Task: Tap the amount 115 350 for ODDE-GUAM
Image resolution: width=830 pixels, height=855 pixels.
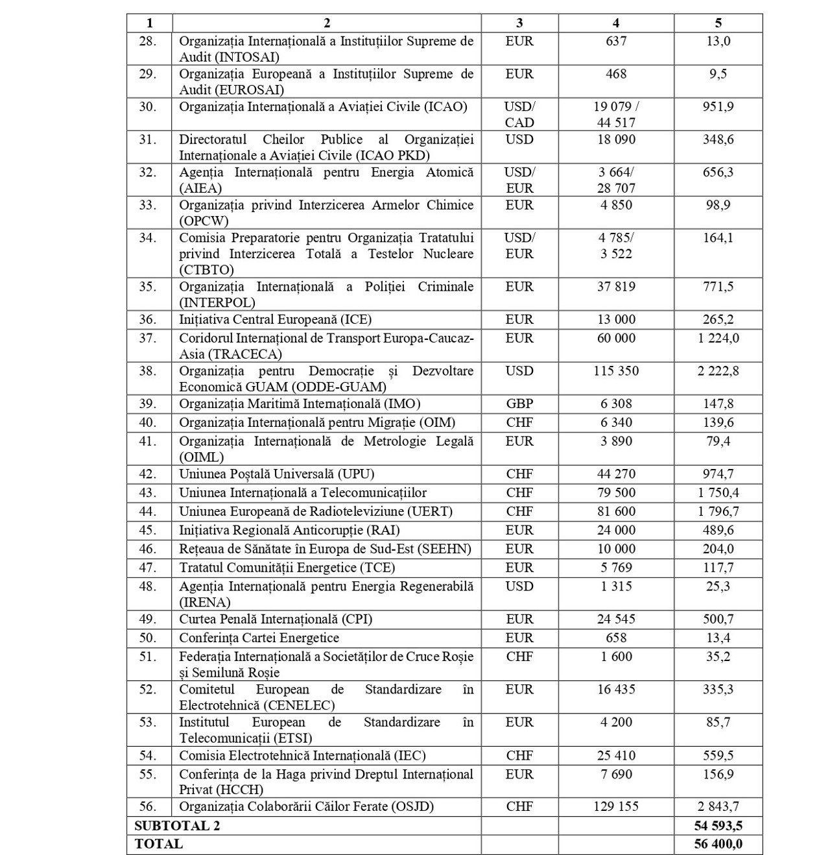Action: point(615,371)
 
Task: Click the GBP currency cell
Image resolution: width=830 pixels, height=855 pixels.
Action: point(519,403)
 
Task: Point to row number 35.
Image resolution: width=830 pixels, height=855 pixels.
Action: point(148,287)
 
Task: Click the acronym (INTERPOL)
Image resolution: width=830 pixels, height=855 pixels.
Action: point(217,303)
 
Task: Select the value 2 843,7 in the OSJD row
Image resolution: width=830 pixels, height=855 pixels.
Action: point(718,806)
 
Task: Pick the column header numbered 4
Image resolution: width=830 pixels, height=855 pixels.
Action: point(615,23)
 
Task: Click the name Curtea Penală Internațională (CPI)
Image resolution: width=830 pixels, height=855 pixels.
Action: point(276,619)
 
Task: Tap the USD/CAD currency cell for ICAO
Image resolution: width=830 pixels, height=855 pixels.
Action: point(519,114)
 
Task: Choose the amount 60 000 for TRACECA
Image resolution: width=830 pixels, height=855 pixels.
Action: point(615,338)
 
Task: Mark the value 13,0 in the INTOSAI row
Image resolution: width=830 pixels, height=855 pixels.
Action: point(718,41)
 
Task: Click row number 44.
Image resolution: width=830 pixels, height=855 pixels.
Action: point(148,511)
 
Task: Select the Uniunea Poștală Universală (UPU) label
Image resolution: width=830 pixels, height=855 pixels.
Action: point(277,474)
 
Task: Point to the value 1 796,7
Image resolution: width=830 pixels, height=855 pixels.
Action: point(718,511)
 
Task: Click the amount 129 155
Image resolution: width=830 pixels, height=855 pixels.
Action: point(615,806)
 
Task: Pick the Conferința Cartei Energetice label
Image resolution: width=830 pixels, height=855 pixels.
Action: point(259,638)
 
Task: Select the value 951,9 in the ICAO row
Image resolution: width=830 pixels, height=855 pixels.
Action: point(718,106)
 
